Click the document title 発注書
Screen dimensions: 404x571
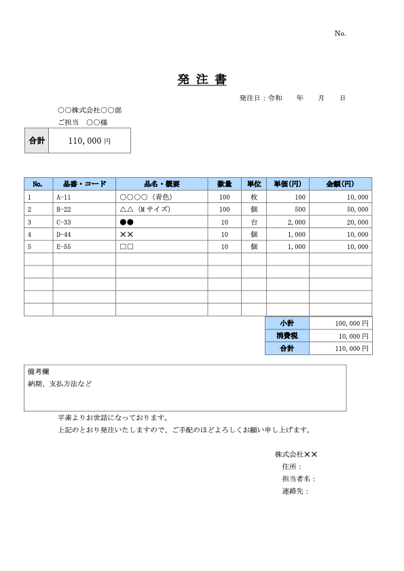tap(202, 80)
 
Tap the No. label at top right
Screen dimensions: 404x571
tap(340, 33)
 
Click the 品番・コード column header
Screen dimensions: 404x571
tap(84, 184)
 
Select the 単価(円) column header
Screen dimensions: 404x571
tap(288, 184)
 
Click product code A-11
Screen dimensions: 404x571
tap(64, 197)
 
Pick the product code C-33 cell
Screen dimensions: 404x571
tap(64, 222)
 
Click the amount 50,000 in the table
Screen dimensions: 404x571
tap(358, 210)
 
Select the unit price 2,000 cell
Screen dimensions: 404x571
tap(297, 222)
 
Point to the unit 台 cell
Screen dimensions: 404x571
tap(253, 222)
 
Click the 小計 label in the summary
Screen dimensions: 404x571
tap(287, 323)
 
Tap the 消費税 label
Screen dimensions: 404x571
tap(287, 335)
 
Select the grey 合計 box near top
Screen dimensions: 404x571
tap(37, 141)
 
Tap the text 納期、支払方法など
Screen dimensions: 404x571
tap(60, 384)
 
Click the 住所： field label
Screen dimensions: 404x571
tap(291, 466)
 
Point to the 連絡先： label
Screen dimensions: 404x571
tap(295, 491)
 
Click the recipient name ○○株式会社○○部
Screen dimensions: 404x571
tap(90, 109)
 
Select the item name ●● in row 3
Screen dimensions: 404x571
tap(126, 222)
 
